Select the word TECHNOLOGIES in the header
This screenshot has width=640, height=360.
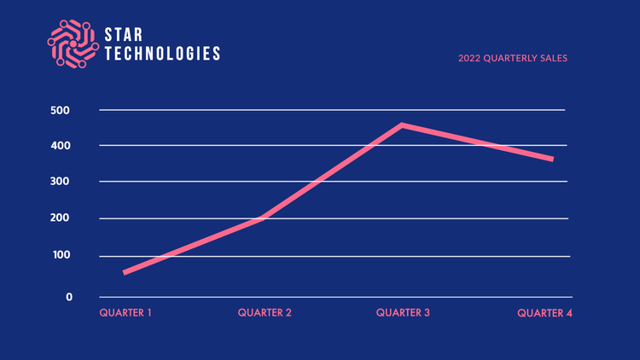point(162,53)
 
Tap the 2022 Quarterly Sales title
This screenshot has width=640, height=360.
point(512,59)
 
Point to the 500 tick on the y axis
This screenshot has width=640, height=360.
point(60,111)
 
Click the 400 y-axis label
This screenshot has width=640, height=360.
point(60,147)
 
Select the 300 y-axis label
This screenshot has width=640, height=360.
point(60,183)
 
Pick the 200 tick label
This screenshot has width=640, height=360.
point(60,219)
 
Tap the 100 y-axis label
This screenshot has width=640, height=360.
point(60,256)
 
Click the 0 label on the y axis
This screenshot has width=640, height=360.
point(69,297)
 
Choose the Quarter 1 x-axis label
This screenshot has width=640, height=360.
point(125,313)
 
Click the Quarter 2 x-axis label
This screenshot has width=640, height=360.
point(265,313)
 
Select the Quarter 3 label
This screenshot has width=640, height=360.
point(403,313)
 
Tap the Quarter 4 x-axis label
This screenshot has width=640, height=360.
point(544,313)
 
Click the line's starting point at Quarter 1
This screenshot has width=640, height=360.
point(125,272)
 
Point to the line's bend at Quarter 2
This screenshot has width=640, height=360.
point(262,218)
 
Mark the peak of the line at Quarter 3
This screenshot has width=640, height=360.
point(402,125)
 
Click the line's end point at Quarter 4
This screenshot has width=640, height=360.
point(551,159)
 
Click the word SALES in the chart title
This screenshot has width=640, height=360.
point(552,59)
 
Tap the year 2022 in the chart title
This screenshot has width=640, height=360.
point(469,59)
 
